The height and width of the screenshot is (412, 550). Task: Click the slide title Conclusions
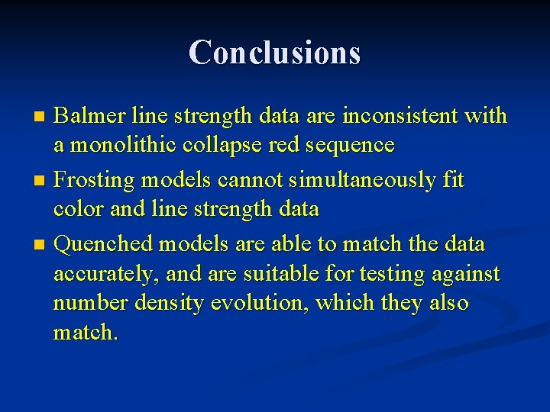pyautogui.click(x=274, y=53)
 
